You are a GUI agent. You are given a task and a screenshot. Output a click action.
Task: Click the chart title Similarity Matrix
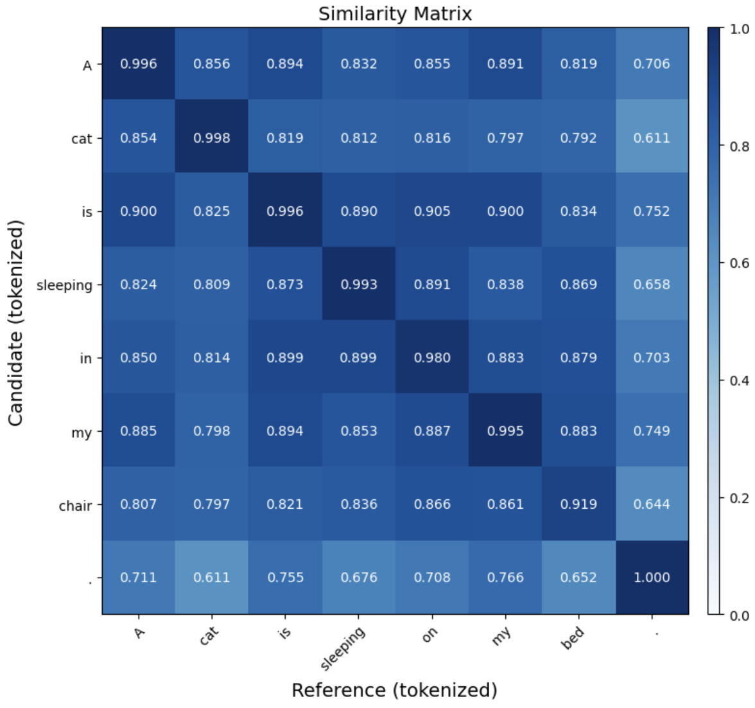click(395, 13)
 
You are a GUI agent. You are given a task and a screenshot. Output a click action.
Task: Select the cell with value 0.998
click(212, 137)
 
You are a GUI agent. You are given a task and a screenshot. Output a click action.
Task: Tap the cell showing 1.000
click(652, 577)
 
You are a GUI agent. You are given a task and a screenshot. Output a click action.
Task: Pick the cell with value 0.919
click(578, 504)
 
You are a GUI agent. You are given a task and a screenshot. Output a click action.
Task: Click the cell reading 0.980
click(432, 357)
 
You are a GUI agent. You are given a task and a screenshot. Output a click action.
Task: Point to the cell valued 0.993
click(359, 284)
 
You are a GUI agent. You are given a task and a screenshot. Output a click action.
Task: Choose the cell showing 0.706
click(652, 64)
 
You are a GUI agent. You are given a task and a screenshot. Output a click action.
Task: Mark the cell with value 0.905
click(432, 211)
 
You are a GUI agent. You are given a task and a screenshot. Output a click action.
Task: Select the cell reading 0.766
click(505, 577)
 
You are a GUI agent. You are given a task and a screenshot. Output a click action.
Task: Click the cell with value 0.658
click(652, 284)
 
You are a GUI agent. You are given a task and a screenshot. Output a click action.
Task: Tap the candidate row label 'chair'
click(75, 506)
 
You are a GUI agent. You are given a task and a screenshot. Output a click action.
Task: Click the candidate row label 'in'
click(85, 358)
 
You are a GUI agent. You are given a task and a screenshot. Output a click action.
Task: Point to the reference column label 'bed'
click(573, 637)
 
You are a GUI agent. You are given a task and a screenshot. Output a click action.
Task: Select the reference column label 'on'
click(430, 634)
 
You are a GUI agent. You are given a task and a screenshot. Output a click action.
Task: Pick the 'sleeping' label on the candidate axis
click(64, 285)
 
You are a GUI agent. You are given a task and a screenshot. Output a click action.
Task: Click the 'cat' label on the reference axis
click(209, 636)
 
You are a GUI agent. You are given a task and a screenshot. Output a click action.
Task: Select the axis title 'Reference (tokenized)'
click(394, 690)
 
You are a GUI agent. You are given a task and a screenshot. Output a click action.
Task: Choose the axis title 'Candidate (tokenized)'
click(15, 322)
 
